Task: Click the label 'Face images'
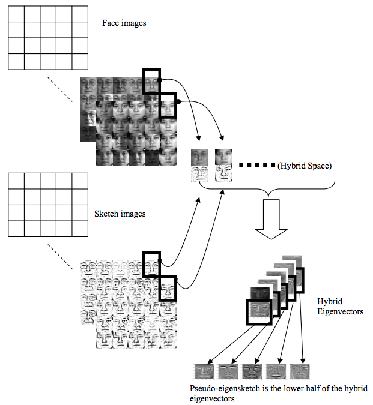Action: (x=124, y=23)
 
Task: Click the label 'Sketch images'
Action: (x=120, y=214)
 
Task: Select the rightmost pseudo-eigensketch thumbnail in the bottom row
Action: (x=300, y=371)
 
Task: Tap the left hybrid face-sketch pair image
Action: (x=200, y=166)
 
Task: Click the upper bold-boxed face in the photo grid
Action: (x=151, y=81)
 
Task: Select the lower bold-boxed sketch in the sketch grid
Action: (x=169, y=289)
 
